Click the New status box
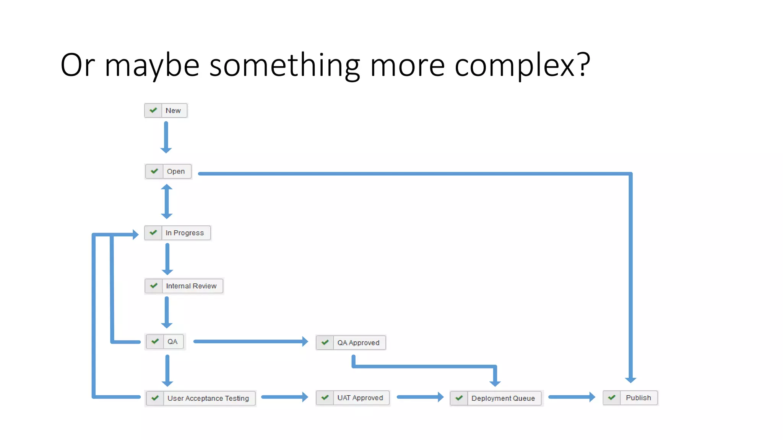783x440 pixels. pyautogui.click(x=166, y=110)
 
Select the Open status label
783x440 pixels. pyautogui.click(x=175, y=171)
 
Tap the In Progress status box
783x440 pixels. pyautogui.click(x=177, y=233)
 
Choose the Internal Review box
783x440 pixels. pyautogui.click(x=184, y=286)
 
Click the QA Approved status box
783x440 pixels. pyautogui.click(x=351, y=343)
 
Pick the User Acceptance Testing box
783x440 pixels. pyautogui.click(x=201, y=398)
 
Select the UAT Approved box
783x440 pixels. pyautogui.click(x=353, y=398)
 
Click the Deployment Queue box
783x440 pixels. pyautogui.click(x=496, y=398)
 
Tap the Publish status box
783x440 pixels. pyautogui.click(x=630, y=398)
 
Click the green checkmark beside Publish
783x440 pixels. pyautogui.click(x=612, y=398)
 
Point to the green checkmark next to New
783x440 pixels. pyautogui.click(x=153, y=110)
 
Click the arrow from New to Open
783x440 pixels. pyautogui.click(x=166, y=137)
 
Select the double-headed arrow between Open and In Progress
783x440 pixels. pyautogui.click(x=167, y=202)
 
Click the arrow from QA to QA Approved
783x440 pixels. pyautogui.click(x=250, y=341)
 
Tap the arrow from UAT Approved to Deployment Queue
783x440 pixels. pyautogui.click(x=420, y=397)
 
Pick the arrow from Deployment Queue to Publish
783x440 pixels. pyautogui.click(x=572, y=397)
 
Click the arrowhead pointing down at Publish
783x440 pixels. pyautogui.click(x=630, y=379)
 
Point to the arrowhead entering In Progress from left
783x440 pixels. pyautogui.click(x=135, y=234)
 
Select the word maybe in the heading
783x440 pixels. pyautogui.click(x=152, y=65)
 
